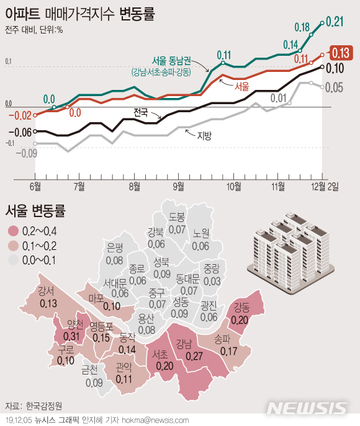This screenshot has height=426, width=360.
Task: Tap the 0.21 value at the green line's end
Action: pyautogui.click(x=335, y=22)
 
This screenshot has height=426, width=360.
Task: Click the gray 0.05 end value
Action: pyautogui.click(x=334, y=87)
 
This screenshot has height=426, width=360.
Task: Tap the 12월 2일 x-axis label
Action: pyautogui.click(x=325, y=185)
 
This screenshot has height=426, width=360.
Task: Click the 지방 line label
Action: pyautogui.click(x=204, y=135)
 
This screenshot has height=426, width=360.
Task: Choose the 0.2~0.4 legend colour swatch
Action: pyautogui.click(x=12, y=231)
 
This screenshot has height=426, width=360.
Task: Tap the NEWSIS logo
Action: pyautogui.click(x=308, y=407)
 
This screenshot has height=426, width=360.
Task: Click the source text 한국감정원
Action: pyautogui.click(x=43, y=407)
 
